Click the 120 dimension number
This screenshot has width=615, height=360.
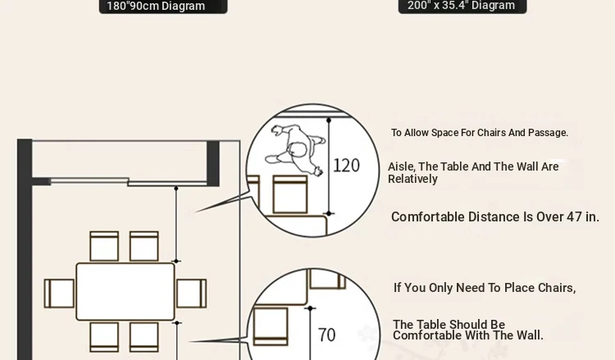[x=346, y=166]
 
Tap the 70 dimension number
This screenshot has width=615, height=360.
[x=326, y=335]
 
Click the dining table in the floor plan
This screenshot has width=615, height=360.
[x=125, y=291]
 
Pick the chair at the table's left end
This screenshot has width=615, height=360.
[x=59, y=294]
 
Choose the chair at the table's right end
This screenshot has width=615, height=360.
[x=191, y=294]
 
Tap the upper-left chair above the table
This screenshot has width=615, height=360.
[x=104, y=246]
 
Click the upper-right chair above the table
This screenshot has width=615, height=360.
[x=144, y=246]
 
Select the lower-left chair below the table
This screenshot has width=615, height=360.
[x=104, y=337]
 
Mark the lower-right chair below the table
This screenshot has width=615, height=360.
[x=144, y=337]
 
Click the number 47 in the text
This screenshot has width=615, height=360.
[x=574, y=216]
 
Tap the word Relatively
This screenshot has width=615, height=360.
[x=412, y=180]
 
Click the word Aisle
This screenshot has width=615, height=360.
[x=402, y=166]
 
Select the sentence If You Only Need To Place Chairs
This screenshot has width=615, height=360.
[x=485, y=288]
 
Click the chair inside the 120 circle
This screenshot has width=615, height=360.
[x=289, y=194]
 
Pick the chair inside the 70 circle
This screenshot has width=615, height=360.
[x=271, y=326]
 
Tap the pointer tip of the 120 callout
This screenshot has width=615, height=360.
[x=195, y=212]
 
